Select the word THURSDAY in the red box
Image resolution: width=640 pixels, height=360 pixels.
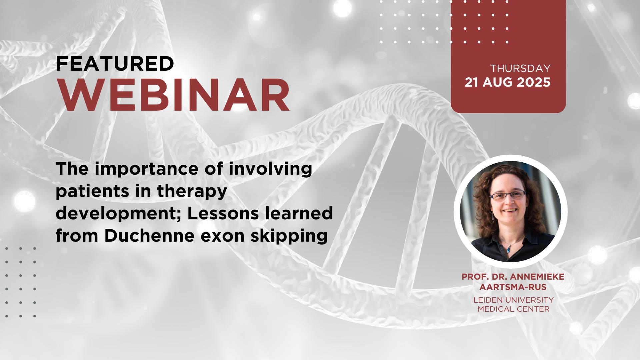click(520, 68)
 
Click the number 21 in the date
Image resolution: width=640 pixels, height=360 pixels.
click(472, 82)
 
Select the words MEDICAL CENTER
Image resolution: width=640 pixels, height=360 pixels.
click(513, 309)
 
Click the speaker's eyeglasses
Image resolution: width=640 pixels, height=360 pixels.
click(508, 196)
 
